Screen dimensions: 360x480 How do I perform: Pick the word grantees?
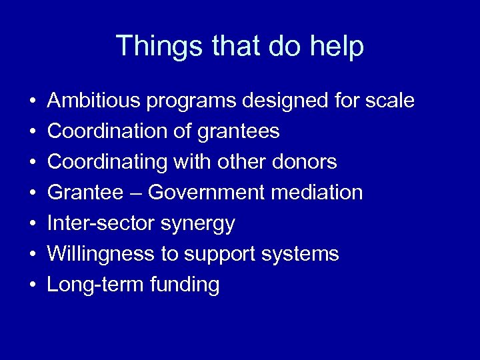pos(238,132)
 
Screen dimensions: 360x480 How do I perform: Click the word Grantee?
pos(85,193)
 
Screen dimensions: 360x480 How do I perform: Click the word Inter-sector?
pos(101,224)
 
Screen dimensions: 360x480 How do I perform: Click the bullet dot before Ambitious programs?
pos(32,102)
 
